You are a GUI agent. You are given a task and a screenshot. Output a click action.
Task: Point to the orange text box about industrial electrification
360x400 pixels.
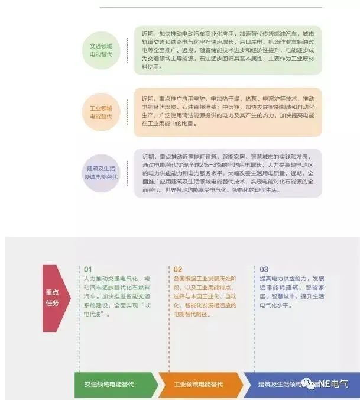pos(228,111)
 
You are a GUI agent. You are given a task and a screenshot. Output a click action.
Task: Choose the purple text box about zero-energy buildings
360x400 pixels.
pos(228,173)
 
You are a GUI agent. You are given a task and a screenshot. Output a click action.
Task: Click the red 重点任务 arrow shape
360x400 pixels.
pos(55,298)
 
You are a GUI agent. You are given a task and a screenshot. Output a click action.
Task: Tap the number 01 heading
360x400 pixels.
pos(89,269)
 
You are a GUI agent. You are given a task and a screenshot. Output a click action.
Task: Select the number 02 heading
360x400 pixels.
pos(178,269)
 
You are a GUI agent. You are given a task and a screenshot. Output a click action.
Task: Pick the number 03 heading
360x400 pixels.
pos(264,269)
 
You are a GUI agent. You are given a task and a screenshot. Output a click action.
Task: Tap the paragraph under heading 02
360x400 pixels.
pos(204,296)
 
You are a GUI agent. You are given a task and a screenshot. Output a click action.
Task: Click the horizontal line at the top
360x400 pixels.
pos(211,8)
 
